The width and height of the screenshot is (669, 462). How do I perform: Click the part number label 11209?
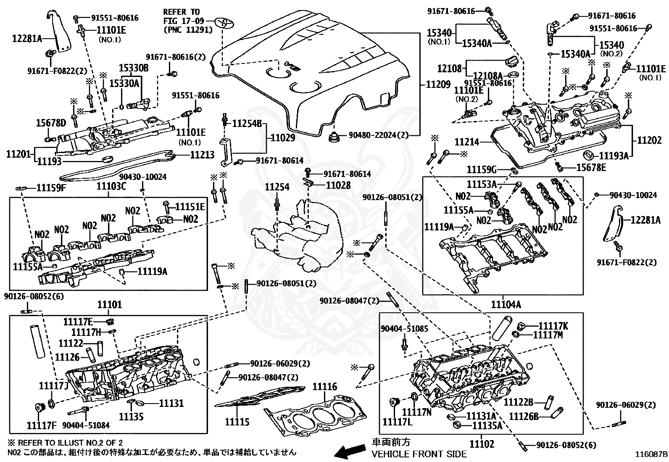[x=438, y=84]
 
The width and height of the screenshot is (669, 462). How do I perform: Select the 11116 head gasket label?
[x=324, y=387]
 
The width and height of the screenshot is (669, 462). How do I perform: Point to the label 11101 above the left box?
[x=110, y=304]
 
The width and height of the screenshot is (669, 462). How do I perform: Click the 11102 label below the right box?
[x=482, y=444]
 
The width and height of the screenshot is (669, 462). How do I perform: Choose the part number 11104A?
[x=503, y=305]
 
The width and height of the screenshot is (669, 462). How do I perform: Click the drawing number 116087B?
[x=651, y=454]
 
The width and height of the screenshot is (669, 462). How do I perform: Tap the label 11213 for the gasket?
[x=202, y=155]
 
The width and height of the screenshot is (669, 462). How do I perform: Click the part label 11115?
[x=237, y=422]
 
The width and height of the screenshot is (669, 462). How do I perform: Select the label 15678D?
[x=51, y=123]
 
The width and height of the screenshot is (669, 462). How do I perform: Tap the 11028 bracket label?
[x=338, y=184]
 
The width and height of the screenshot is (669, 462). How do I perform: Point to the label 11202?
[x=649, y=140]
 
